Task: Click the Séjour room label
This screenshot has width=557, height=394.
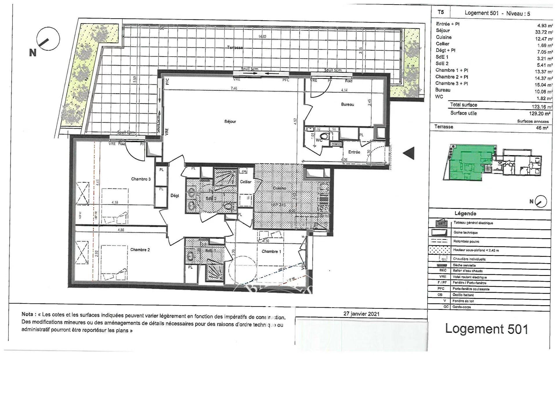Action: point(230,122)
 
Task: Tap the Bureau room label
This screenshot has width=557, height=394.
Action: point(347,104)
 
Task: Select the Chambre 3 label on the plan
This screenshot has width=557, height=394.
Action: point(141,179)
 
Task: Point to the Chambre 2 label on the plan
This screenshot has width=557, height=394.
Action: point(140,250)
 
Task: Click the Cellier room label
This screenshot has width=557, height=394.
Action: point(245,182)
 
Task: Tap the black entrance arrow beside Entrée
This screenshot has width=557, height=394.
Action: point(409,153)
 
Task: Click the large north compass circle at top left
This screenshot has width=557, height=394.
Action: point(48,39)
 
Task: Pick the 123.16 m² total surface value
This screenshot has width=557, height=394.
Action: point(542,107)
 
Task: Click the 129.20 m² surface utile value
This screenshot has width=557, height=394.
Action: point(540,114)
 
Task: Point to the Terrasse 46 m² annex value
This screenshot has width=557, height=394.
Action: point(542,128)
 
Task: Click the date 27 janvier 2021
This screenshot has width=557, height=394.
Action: point(361,314)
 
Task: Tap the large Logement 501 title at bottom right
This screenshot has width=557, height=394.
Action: point(487,329)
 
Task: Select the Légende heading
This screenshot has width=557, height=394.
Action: point(465,214)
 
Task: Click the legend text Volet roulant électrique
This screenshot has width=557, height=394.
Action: point(469,277)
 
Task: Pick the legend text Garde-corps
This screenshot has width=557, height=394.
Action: point(462,307)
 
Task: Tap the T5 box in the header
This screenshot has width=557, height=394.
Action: point(440,12)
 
